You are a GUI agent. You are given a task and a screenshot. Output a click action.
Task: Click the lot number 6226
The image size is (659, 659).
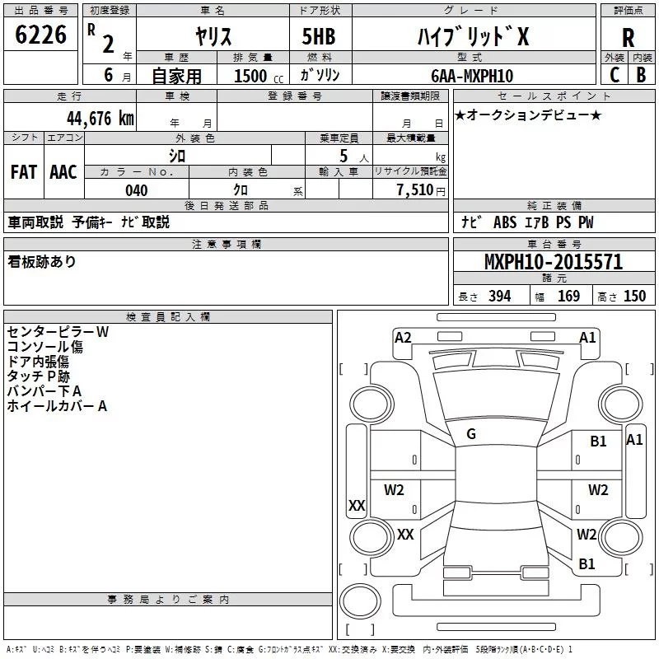pyautogui.click(x=40, y=35)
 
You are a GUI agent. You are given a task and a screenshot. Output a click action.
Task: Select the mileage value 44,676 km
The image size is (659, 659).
pyautogui.click(x=100, y=119)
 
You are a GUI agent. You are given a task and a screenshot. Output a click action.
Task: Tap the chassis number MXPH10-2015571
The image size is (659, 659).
pyautogui.click(x=554, y=262)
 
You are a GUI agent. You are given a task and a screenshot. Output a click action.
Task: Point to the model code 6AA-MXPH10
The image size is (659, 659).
pyautogui.click(x=472, y=76)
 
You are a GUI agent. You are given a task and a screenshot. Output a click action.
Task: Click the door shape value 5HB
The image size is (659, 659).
pyautogui.click(x=319, y=36)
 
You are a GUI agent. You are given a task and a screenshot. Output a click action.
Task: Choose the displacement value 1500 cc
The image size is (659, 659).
pyautogui.click(x=259, y=76)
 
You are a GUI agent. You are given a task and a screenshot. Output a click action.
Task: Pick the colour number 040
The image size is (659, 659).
pyautogui.click(x=136, y=190)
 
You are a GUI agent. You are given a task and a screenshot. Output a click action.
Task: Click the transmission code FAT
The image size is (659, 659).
pyautogui.click(x=24, y=172)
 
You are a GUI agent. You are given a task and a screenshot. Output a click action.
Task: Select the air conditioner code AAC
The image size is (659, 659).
pyautogui.click(x=63, y=172)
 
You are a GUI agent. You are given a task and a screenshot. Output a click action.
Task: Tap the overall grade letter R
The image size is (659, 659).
pyautogui.click(x=628, y=38)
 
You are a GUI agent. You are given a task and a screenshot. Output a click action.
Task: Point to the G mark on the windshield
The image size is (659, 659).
pyautogui.click(x=471, y=434)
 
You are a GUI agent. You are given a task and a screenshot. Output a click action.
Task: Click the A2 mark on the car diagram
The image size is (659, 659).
pyautogui.click(x=403, y=338)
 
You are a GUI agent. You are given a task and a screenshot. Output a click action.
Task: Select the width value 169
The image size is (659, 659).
pyautogui.click(x=568, y=296)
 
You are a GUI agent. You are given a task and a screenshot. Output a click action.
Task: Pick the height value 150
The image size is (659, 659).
pyautogui.click(x=634, y=296)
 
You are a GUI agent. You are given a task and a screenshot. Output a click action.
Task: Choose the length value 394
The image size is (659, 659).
pyautogui.click(x=500, y=296)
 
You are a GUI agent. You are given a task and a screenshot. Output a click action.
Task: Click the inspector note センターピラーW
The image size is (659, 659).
pyautogui.click(x=58, y=332)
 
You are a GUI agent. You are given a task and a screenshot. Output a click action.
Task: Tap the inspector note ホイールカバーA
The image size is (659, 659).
pyautogui.click(x=57, y=406)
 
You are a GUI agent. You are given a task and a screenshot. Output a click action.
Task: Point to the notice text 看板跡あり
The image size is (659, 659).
pyautogui.click(x=42, y=262)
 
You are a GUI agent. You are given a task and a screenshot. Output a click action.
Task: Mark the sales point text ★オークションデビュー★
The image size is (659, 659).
pyautogui.click(x=528, y=115)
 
